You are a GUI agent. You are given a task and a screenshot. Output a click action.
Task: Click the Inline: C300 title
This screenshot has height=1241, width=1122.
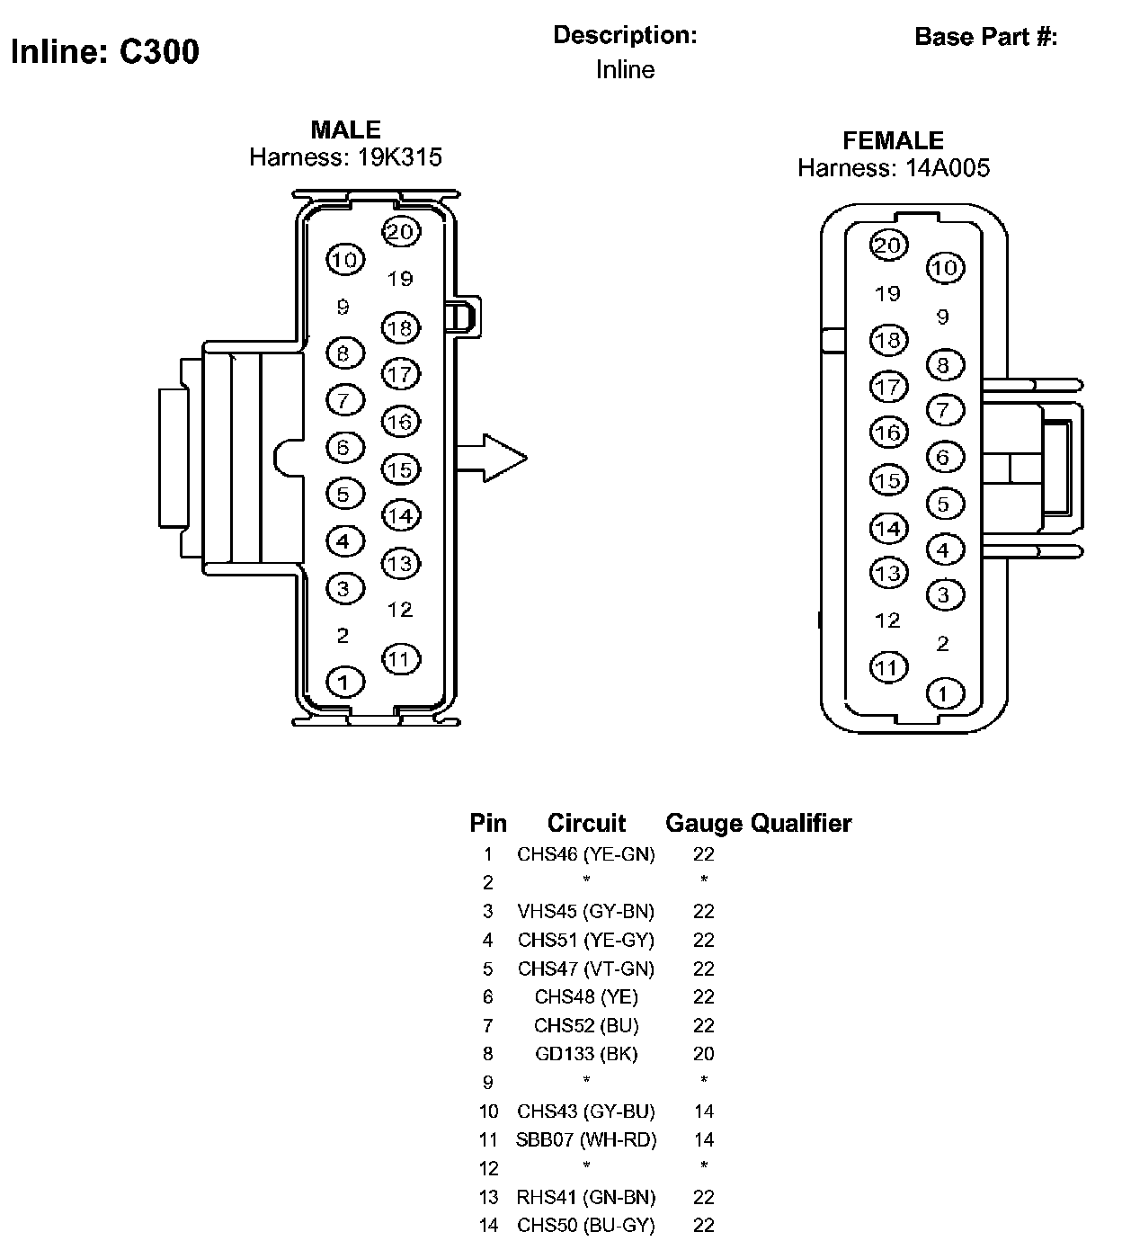pyautogui.click(x=105, y=51)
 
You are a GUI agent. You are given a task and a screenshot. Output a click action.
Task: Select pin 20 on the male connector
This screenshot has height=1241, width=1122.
pyautogui.click(x=401, y=232)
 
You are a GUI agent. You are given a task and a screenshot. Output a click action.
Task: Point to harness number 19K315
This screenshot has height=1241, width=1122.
pyautogui.click(x=399, y=157)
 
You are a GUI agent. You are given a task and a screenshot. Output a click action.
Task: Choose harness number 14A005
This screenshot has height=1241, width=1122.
pyautogui.click(x=948, y=167)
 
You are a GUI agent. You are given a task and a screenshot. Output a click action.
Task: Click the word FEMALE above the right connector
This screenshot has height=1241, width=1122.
pyautogui.click(x=893, y=141)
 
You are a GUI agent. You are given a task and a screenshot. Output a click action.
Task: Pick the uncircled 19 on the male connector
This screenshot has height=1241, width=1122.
pyautogui.click(x=400, y=279)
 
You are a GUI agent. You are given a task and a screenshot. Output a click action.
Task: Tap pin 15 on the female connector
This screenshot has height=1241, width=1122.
pyautogui.click(x=889, y=480)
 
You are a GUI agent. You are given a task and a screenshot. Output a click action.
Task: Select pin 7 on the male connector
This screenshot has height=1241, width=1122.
pyautogui.click(x=345, y=400)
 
